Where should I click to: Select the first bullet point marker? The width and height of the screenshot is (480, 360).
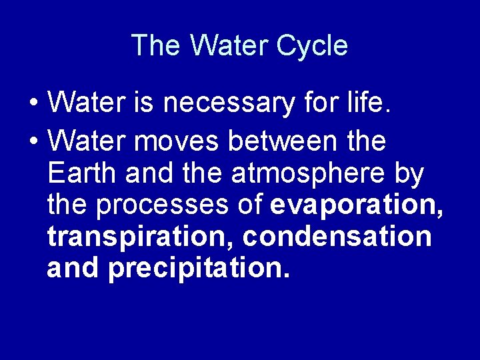tap(33, 104)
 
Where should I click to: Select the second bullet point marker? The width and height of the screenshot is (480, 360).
tap(33, 142)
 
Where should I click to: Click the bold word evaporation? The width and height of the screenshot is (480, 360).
tap(357, 206)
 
